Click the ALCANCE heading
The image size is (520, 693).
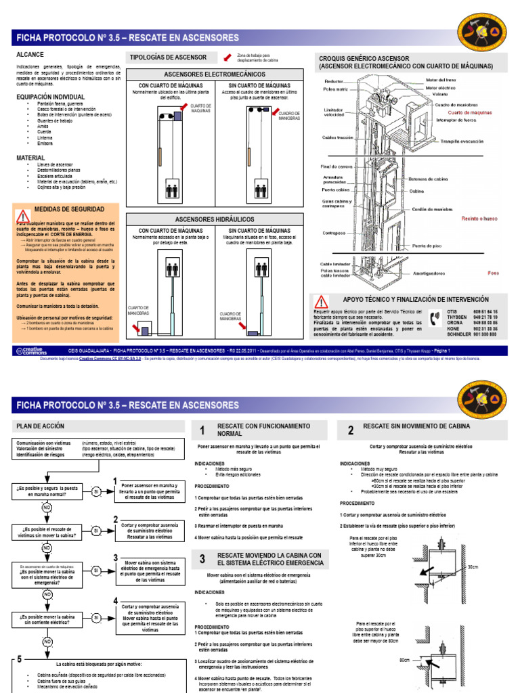(x=30, y=54)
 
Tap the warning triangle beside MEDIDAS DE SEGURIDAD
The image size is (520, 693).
(x=24, y=215)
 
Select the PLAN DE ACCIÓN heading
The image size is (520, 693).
(x=40, y=426)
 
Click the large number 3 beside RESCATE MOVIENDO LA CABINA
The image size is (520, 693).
(x=202, y=558)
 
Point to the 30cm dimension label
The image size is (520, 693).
(x=473, y=566)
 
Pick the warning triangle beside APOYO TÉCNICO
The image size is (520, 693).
(x=321, y=303)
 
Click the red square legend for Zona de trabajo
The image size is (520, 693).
(x=221, y=58)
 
